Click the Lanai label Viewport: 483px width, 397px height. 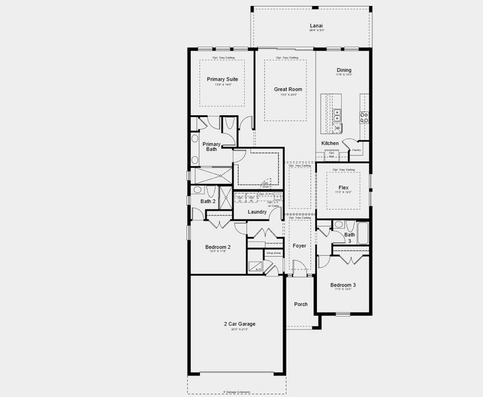(316, 26)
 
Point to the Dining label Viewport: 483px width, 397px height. (343, 70)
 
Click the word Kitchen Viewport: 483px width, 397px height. (329, 143)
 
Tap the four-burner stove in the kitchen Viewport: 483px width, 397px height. (364, 117)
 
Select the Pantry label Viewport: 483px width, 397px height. (356, 150)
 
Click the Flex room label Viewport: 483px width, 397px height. (343, 188)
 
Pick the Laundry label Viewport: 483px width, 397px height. (257, 212)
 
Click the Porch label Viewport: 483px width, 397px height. (300, 304)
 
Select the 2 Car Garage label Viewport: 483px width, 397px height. (239, 324)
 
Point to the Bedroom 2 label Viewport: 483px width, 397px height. (217, 247)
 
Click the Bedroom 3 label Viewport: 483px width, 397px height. (343, 285)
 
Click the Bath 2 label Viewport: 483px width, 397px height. (208, 201)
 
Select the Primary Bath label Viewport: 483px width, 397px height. (211, 146)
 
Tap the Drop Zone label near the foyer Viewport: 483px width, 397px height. (273, 252)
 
